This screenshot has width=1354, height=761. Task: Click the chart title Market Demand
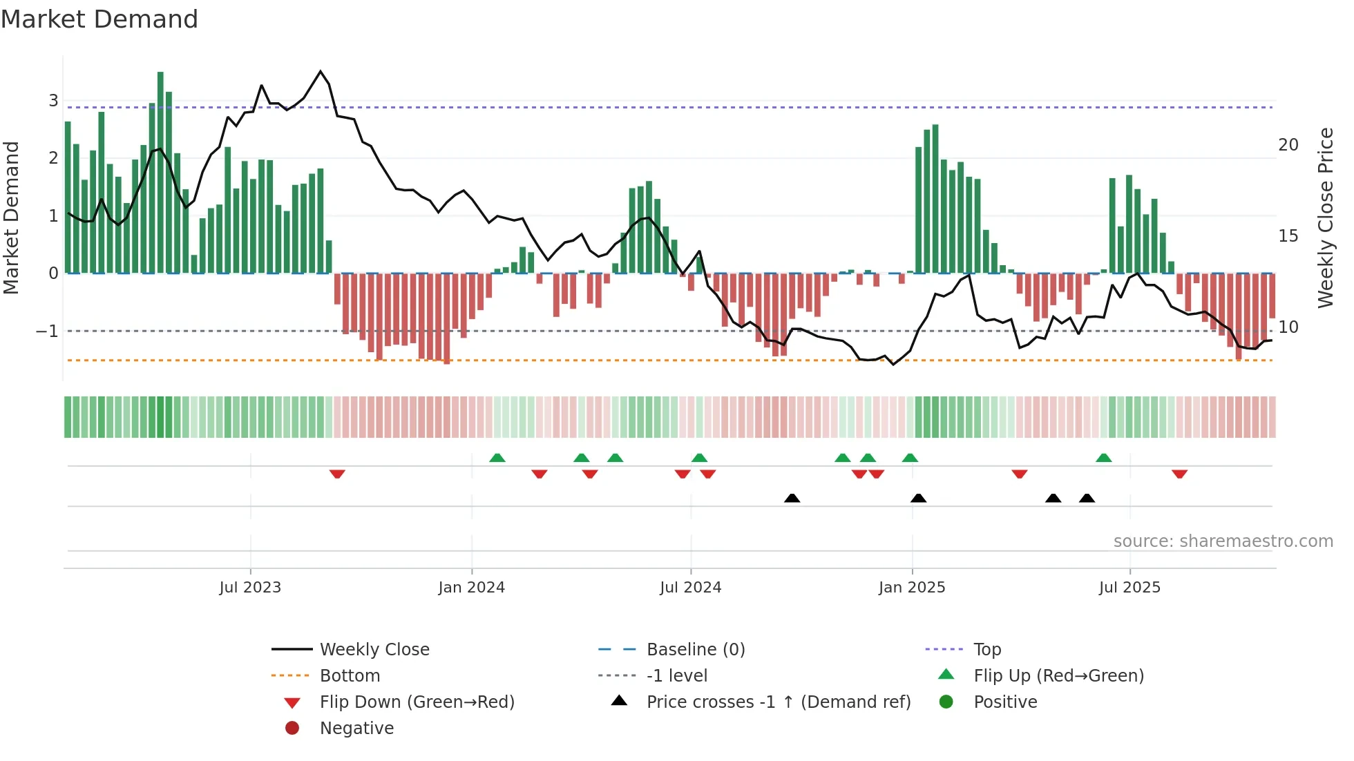[99, 19]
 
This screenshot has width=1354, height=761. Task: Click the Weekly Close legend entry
[374, 650]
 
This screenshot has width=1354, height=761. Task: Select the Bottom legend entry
[350, 676]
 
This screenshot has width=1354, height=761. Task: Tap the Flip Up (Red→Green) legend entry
[1058, 676]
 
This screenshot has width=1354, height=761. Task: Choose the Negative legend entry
[356, 729]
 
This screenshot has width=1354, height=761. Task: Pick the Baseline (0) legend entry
[695, 650]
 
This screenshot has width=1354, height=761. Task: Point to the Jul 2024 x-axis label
[690, 588]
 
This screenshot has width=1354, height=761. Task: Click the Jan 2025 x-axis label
[911, 588]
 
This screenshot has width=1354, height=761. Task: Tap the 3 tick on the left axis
[53, 101]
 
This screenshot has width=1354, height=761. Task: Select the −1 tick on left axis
[48, 331]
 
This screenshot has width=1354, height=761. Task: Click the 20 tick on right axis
[1288, 145]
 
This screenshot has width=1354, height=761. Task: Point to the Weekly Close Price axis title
[1325, 218]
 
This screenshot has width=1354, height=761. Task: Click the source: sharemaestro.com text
[1223, 541]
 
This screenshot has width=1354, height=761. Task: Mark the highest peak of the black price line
[320, 71]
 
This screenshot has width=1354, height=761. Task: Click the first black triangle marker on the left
[792, 498]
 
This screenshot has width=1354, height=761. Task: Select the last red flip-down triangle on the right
[1179, 474]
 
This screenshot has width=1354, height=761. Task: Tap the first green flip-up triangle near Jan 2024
[497, 458]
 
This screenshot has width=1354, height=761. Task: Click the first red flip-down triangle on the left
[337, 474]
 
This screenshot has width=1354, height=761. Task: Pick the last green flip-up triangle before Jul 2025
[1103, 458]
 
